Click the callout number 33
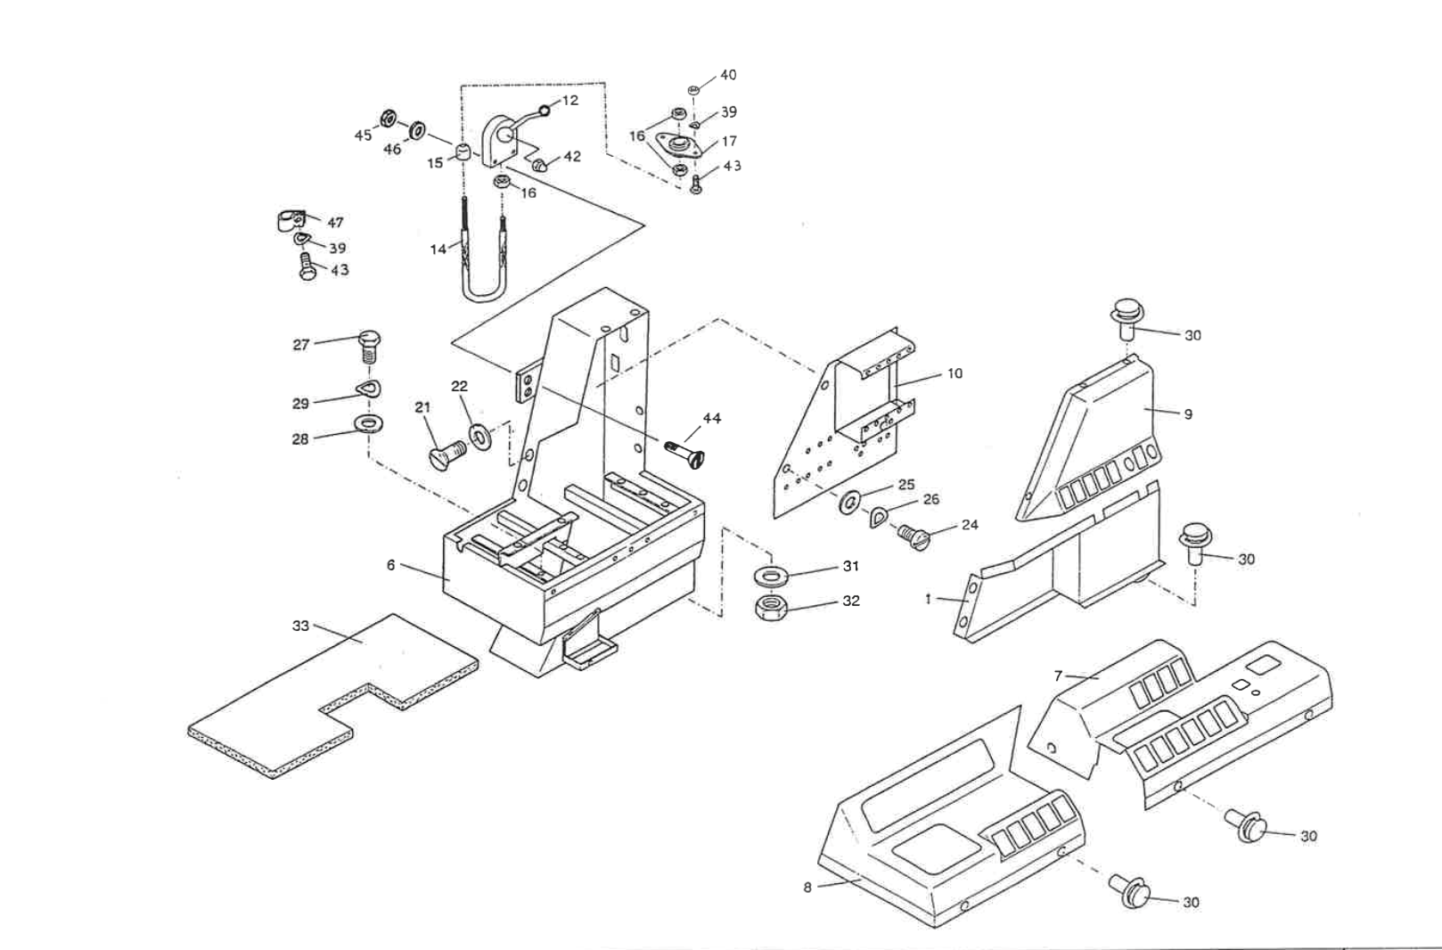click(300, 626)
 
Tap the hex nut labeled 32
click(770, 609)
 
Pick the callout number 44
click(711, 418)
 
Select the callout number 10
click(955, 373)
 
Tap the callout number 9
click(1187, 414)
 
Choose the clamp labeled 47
click(287, 220)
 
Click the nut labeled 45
click(389, 119)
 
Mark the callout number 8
click(807, 888)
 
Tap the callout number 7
click(1058, 676)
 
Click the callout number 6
click(390, 565)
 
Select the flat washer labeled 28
click(367, 421)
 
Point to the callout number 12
click(570, 100)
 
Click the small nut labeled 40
click(694, 90)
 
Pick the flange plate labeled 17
click(681, 146)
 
